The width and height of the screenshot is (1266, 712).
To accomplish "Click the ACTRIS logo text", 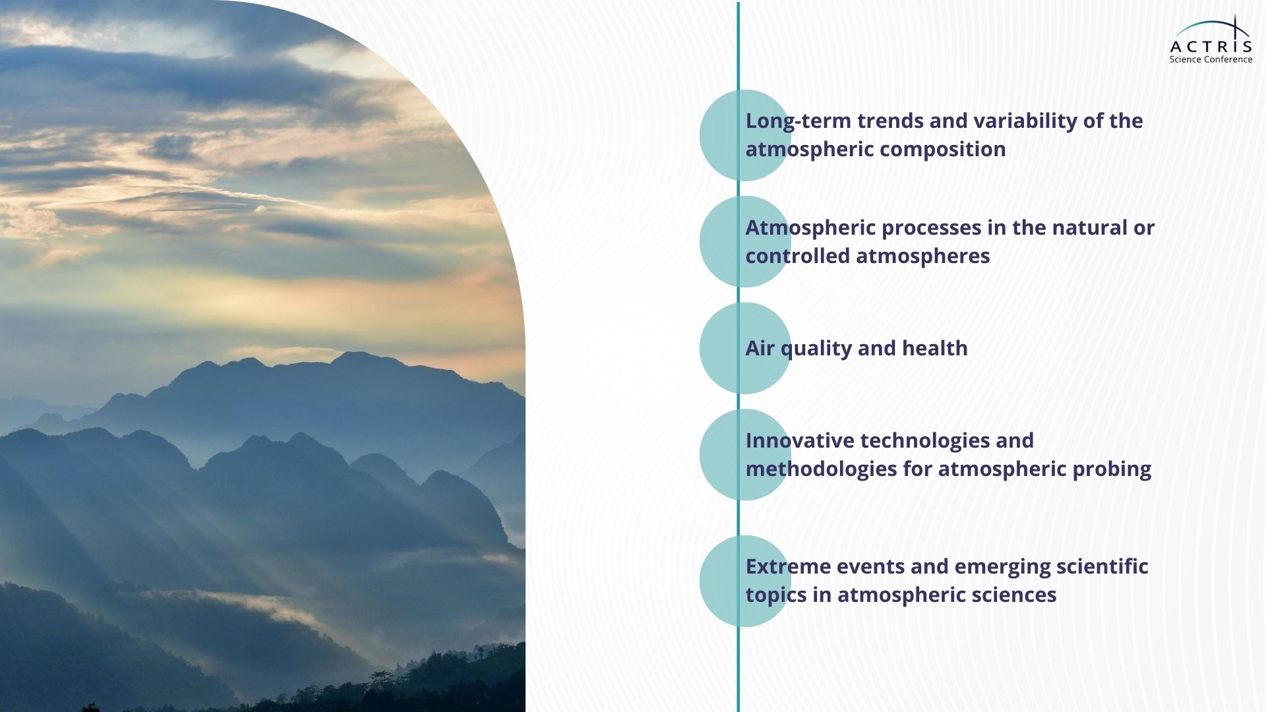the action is point(1211,46).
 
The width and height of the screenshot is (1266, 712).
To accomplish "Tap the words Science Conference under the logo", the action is point(1211,59).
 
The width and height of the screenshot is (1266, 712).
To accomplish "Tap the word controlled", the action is point(798,256).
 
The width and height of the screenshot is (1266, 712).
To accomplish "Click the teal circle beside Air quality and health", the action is point(745,348).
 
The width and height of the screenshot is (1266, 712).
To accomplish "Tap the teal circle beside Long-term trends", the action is point(745,135).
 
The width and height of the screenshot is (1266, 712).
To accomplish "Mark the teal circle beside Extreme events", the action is point(745,581).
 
